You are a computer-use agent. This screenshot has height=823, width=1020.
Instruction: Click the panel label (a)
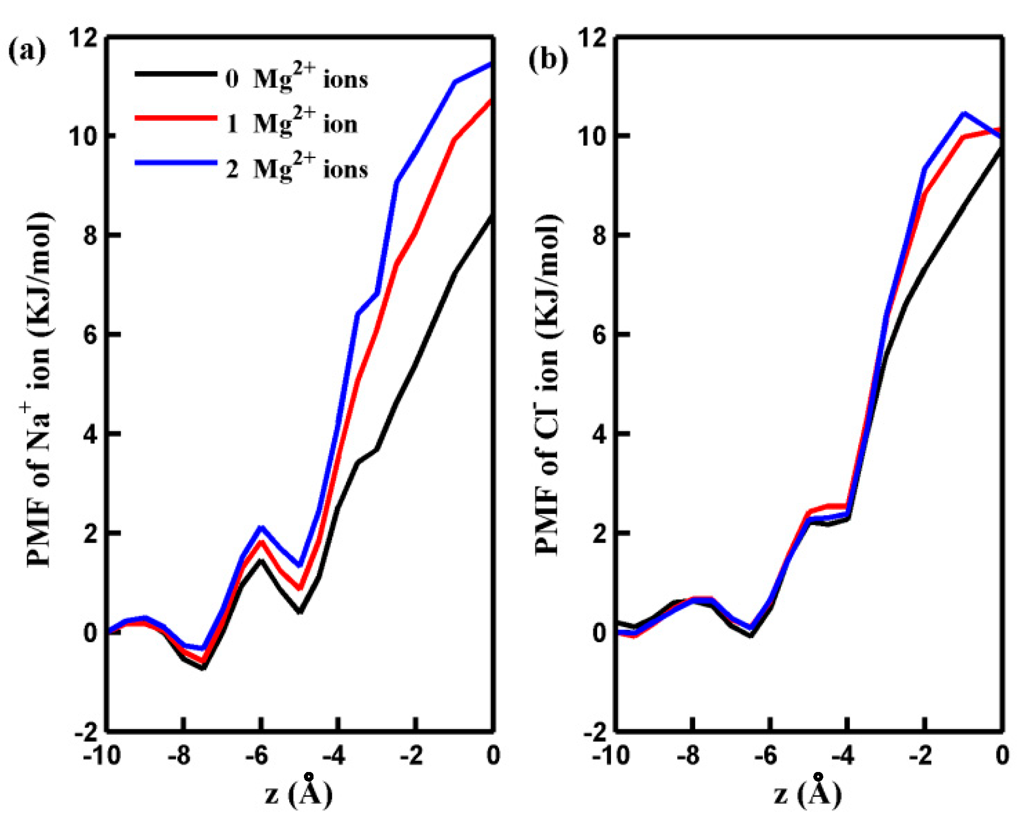(27, 51)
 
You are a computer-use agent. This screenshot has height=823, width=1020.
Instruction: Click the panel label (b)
(548, 60)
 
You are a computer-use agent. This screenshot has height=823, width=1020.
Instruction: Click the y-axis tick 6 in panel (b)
(599, 334)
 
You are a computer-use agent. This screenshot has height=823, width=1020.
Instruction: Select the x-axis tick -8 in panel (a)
(179, 756)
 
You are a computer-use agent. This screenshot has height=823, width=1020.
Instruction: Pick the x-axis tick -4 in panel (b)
(843, 756)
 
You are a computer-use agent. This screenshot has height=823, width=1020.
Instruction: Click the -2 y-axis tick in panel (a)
(86, 732)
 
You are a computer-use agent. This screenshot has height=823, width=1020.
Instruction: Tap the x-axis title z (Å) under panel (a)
(298, 793)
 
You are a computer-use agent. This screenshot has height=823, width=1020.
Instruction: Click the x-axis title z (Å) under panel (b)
(808, 793)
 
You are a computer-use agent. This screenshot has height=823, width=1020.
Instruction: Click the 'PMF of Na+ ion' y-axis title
(39, 389)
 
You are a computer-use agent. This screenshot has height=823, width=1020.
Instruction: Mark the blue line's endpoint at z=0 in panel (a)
(491, 64)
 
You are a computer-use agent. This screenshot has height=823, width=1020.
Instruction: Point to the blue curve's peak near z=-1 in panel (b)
(964, 113)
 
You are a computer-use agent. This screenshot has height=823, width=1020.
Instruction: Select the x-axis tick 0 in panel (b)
(1002, 756)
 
